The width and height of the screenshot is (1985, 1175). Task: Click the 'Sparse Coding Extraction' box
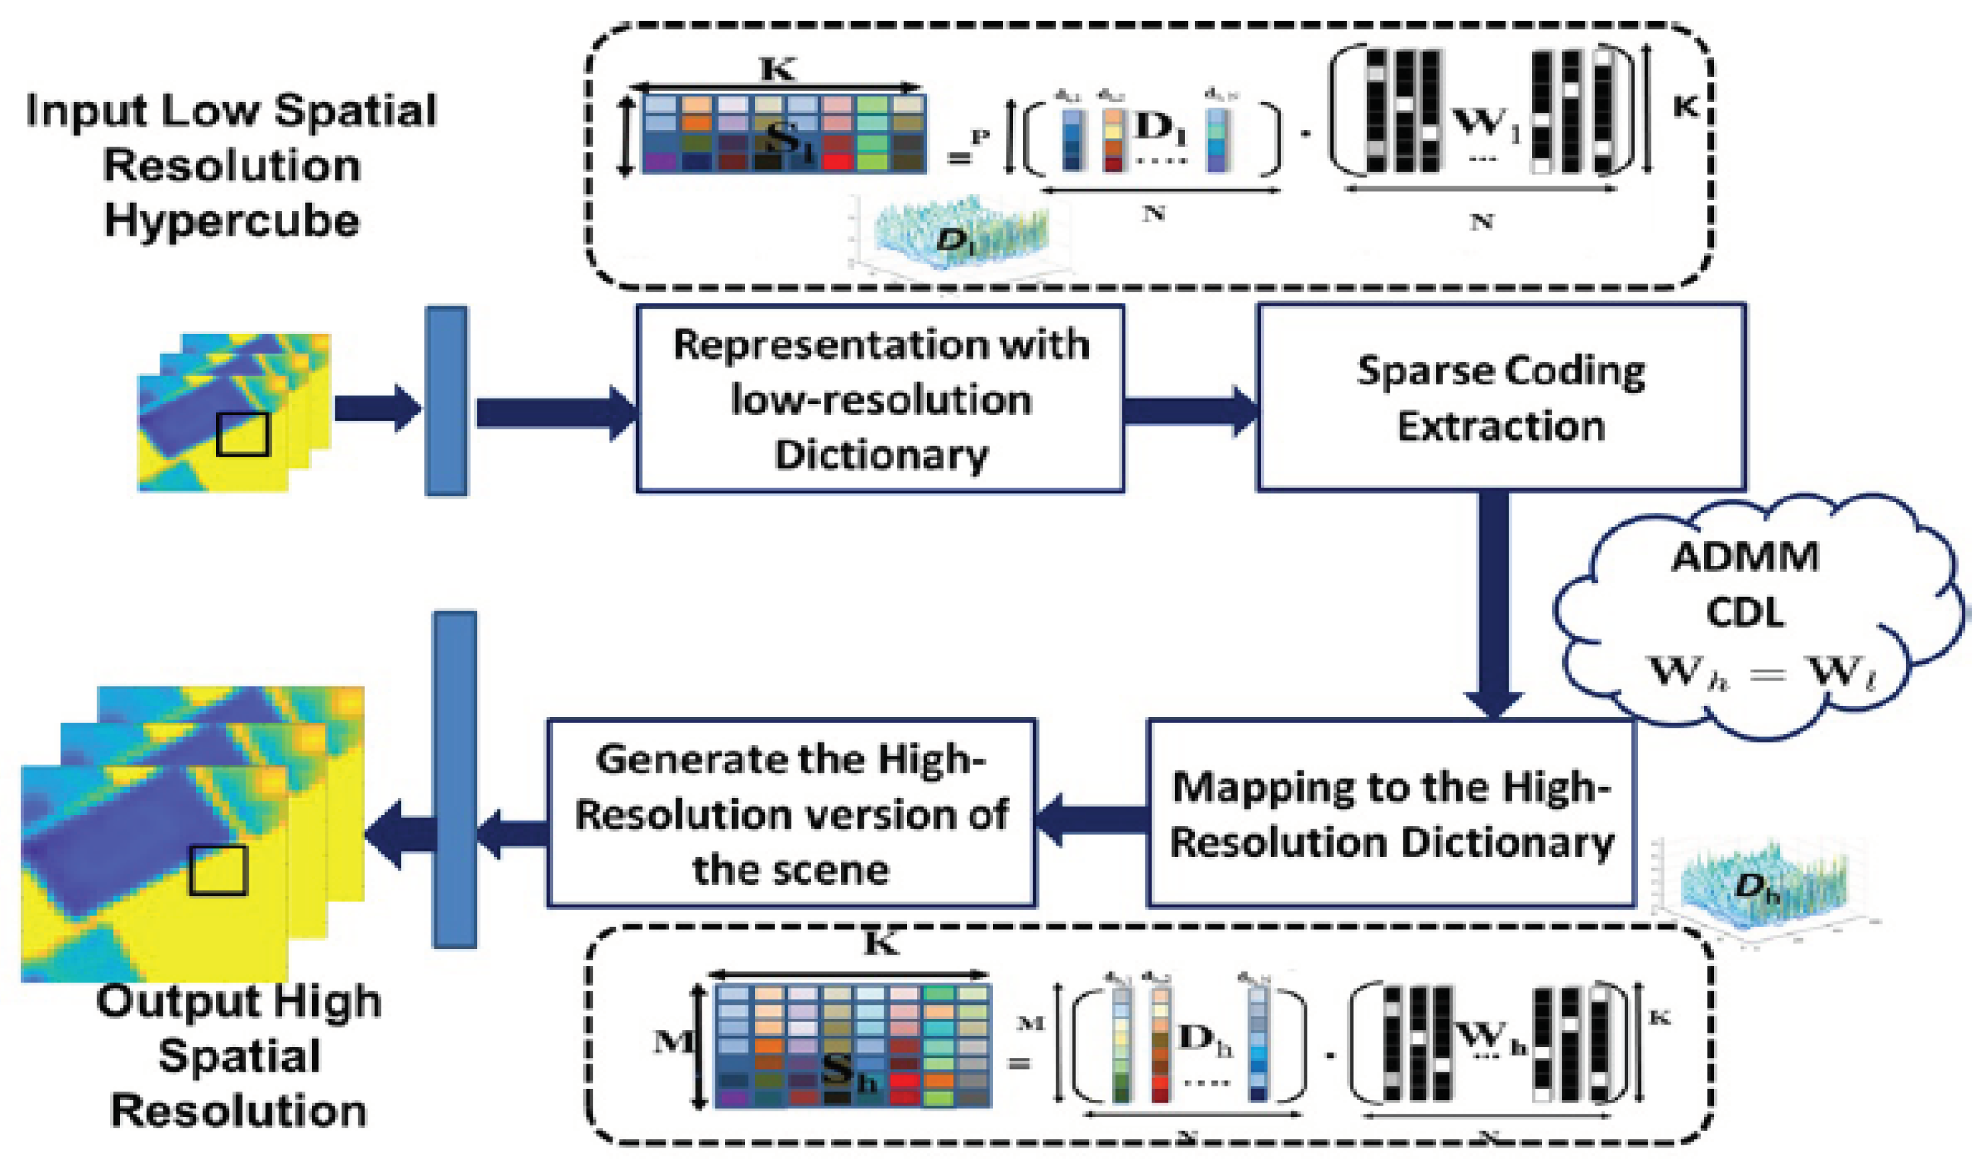(1501, 398)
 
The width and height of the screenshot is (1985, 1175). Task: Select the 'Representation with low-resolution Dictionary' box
(880, 399)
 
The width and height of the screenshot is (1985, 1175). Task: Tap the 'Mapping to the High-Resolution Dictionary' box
(1391, 813)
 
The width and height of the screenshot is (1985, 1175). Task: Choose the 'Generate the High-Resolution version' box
(791, 813)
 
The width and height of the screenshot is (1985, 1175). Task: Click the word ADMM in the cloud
(1744, 557)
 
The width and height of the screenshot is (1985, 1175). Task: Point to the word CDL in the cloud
(1744, 613)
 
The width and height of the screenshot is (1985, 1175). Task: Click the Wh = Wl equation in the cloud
(1761, 673)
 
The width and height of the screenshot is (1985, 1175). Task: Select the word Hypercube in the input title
(231, 220)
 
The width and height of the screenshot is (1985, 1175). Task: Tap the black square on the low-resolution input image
(243, 434)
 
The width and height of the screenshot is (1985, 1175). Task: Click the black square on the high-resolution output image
(218, 870)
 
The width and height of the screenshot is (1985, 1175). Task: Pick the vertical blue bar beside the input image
(447, 402)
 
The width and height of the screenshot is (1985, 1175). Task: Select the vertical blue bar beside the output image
(455, 780)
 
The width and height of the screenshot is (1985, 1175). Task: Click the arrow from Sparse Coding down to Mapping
(1492, 602)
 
